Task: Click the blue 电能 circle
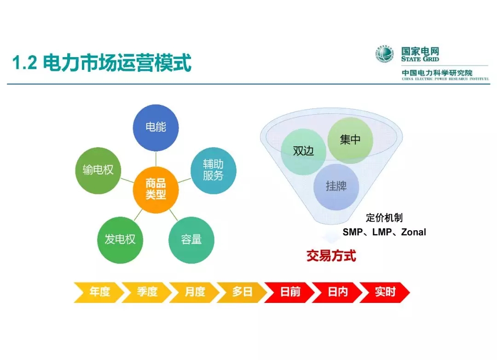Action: pyautogui.click(x=156, y=128)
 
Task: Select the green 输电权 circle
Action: pyautogui.click(x=98, y=170)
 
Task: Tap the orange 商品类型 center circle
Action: pyautogui.click(x=156, y=189)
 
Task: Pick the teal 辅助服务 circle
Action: pyautogui.click(x=213, y=170)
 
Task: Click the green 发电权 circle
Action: pyautogui.click(x=120, y=240)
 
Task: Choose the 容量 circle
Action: pyautogui.click(x=191, y=240)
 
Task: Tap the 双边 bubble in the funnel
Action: pyautogui.click(x=303, y=151)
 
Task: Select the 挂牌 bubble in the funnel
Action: pyautogui.click(x=336, y=186)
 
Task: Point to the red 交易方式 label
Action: pyautogui.click(x=331, y=256)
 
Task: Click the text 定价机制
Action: pyautogui.click(x=384, y=218)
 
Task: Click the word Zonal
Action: pyautogui.click(x=413, y=232)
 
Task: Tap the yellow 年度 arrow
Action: pyautogui.click(x=99, y=292)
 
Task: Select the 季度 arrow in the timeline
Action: pyautogui.click(x=147, y=292)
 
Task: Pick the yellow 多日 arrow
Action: pyautogui.click(x=242, y=292)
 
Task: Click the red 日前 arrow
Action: pyautogui.click(x=290, y=292)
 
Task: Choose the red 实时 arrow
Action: pyautogui.click(x=385, y=292)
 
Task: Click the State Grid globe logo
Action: pyautogui.click(x=385, y=54)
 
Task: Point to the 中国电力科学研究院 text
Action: pyautogui.click(x=437, y=73)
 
